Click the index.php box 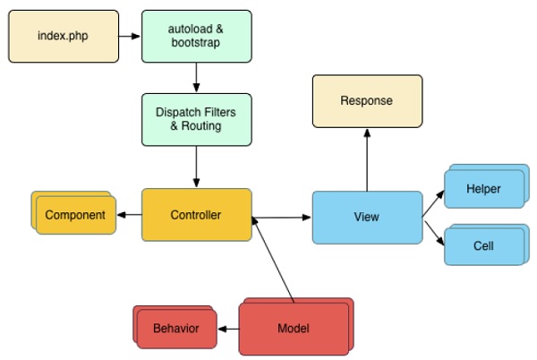pyautogui.click(x=63, y=36)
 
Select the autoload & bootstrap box pyautogui.click(x=196, y=36)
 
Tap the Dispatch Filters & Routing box pyautogui.click(x=196, y=121)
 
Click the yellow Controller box pyautogui.click(x=196, y=215)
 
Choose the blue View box pyautogui.click(x=367, y=217)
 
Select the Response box pyautogui.click(x=366, y=101)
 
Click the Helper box pyautogui.click(x=483, y=190)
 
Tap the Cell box pyautogui.click(x=483, y=244)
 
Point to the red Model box pyautogui.click(x=294, y=329)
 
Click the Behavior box pyautogui.click(x=175, y=329)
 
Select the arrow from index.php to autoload pyautogui.click(x=130, y=37)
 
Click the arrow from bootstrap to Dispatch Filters pyautogui.click(x=196, y=77)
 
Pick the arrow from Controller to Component pyautogui.click(x=129, y=215)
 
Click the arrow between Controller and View pyautogui.click(x=281, y=217)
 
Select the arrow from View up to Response pyautogui.click(x=366, y=159)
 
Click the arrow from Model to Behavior pyautogui.click(x=228, y=329)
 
